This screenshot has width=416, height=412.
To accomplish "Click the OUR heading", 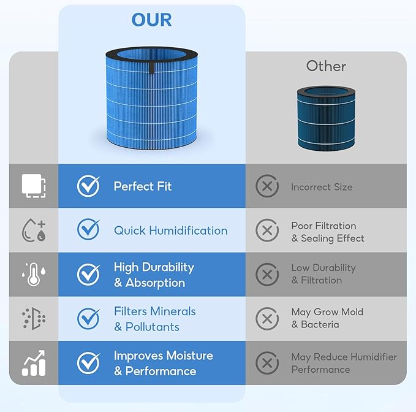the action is point(151,20).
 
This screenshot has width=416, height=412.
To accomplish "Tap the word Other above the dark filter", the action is point(326,66).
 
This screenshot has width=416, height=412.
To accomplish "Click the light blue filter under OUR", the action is point(151,98).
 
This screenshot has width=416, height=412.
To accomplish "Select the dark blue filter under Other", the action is point(326,118).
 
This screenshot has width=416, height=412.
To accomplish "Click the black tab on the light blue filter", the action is point(151,67).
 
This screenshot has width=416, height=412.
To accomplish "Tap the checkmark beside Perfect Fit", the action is point(89,186).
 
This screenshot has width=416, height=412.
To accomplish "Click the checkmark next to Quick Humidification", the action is point(89,229).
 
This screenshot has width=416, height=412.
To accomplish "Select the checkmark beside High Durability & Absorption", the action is point(89,274).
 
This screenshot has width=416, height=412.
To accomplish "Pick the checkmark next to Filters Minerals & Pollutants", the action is point(89,318).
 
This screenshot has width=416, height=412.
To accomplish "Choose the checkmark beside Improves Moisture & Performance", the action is point(89,362).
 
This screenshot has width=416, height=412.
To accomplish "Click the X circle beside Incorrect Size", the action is point(267,186).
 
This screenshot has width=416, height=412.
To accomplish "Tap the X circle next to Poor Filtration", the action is point(267,230).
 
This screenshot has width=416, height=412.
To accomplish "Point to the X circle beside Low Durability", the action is point(267,275).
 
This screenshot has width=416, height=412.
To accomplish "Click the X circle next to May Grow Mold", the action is point(267,319).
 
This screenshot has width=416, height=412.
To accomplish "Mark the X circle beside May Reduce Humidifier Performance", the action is point(267,363).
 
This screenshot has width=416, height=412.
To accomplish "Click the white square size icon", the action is point(34,186).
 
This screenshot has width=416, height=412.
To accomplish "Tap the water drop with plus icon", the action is point(34,230).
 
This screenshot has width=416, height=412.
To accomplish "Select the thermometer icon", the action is point(34,274).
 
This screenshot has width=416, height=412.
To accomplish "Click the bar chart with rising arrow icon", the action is point(34,363).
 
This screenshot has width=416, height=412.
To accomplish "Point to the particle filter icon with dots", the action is point(34,319).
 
